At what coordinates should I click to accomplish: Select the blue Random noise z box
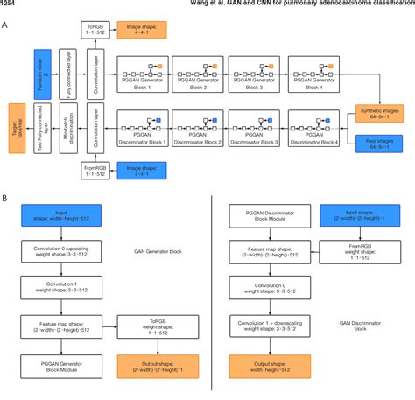42,71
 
